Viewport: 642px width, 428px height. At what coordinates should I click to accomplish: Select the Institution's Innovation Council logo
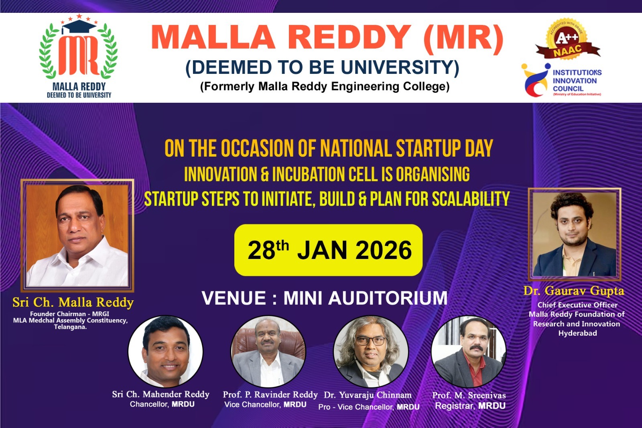tap(561, 80)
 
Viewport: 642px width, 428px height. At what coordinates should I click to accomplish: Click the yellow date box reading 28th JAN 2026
tap(329, 250)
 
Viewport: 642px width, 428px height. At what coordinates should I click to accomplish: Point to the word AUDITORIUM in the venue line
tap(388, 298)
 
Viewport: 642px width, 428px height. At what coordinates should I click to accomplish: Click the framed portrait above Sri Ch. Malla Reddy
tap(77, 235)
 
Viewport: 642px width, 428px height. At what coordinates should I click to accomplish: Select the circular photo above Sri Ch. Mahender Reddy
tap(165, 352)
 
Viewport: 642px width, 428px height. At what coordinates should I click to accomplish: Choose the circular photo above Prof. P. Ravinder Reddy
tap(268, 352)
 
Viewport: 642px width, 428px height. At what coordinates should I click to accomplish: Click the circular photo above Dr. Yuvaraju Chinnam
tap(371, 352)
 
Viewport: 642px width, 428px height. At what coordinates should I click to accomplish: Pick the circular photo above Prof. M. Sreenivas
tap(469, 352)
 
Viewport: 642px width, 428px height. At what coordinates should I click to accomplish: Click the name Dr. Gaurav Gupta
tap(574, 291)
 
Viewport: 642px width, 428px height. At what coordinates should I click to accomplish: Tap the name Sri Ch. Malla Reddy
tap(73, 302)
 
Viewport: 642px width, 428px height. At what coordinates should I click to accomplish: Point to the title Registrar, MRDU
tap(470, 406)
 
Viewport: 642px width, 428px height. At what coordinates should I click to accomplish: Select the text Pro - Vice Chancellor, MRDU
tap(369, 407)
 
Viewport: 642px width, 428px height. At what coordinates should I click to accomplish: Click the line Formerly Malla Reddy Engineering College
tap(325, 86)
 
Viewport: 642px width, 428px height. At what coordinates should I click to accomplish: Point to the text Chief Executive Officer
tap(577, 305)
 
